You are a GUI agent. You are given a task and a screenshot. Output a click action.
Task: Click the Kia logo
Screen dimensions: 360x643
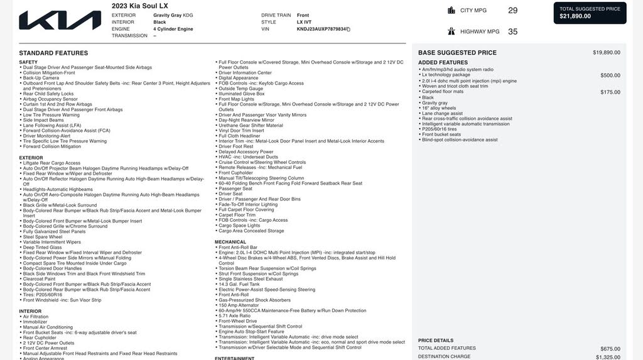[60, 20]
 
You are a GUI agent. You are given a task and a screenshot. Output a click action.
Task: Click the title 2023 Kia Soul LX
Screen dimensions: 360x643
[140, 6]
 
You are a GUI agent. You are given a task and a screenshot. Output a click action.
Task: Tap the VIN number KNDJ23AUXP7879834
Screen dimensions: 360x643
[321, 29]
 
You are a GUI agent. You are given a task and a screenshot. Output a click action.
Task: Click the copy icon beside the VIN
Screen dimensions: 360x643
[349, 29]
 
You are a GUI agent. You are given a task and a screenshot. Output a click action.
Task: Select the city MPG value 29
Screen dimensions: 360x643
[512, 10]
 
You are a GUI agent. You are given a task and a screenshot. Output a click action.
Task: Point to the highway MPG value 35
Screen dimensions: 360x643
[512, 31]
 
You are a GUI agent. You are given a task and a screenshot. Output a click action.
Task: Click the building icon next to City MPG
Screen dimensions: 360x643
[451, 10]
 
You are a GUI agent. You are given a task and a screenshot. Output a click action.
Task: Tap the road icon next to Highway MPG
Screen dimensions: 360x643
[451, 31]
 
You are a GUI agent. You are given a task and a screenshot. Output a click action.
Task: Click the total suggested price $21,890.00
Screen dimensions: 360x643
[575, 16]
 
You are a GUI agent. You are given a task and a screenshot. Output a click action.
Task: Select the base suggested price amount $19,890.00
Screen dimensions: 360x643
[606, 53]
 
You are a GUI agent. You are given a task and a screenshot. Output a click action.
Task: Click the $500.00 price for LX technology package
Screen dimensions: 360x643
[610, 75]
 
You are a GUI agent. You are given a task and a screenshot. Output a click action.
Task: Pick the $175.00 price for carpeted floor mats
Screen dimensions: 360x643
[610, 92]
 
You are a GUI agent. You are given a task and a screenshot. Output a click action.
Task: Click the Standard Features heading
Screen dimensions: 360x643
[53, 53]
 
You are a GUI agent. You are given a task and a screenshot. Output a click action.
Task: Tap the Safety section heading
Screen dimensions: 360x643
[28, 62]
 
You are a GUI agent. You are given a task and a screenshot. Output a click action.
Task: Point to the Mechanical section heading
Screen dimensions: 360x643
[230, 242]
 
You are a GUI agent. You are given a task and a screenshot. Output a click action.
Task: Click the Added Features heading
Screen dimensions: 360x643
[443, 62]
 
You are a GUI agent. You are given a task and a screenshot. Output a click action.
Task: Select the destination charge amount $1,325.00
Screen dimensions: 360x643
[606, 357]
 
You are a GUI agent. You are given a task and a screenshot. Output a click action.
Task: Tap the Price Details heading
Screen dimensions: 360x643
[435, 341]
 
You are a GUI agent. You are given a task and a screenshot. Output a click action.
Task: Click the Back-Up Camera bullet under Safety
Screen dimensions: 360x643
[41, 78]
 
